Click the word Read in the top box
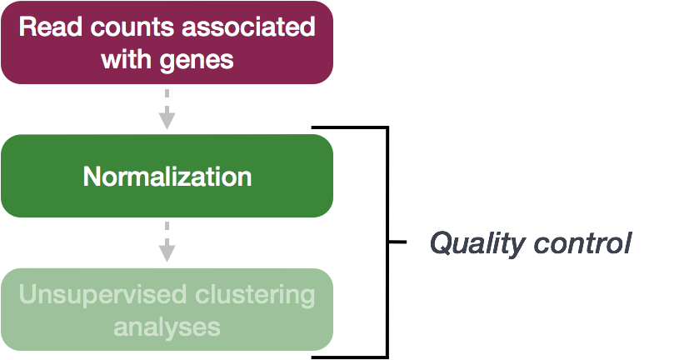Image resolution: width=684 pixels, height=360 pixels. pyautogui.click(x=43, y=27)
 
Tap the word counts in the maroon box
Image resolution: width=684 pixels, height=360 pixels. pyautogui.click(x=112, y=27)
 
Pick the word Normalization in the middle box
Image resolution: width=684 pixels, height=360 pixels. pyautogui.click(x=167, y=177)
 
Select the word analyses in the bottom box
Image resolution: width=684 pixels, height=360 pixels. pyautogui.click(x=167, y=326)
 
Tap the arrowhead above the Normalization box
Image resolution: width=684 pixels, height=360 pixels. pyautogui.click(x=167, y=122)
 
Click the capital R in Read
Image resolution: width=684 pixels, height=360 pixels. pyautogui.click(x=26, y=27)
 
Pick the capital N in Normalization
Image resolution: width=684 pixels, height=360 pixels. pyautogui.click(x=91, y=177)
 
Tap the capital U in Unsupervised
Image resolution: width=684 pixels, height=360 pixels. pyautogui.click(x=26, y=294)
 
